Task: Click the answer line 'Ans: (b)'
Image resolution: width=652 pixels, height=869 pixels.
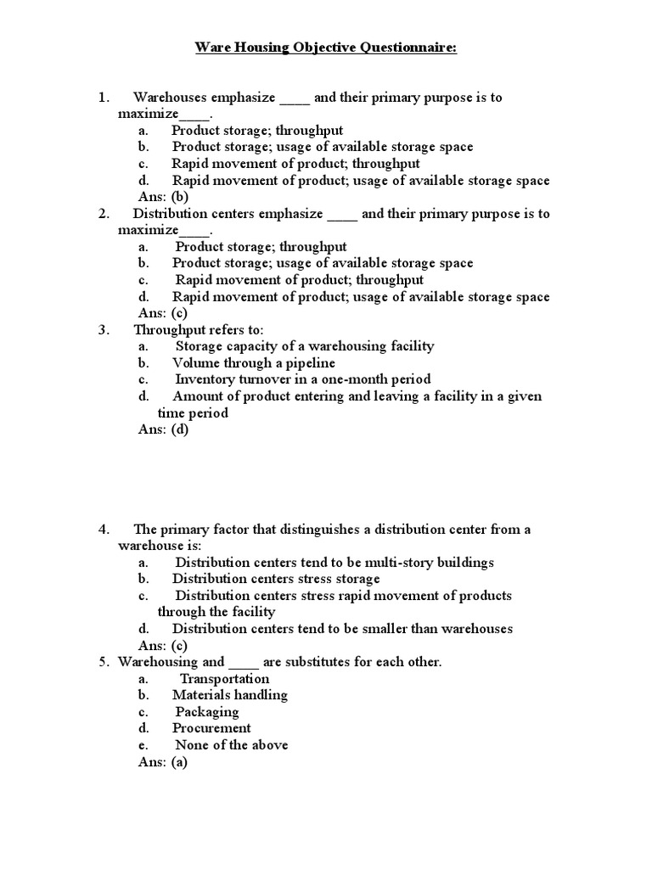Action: [x=163, y=197]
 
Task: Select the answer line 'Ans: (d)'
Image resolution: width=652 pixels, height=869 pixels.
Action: [x=163, y=429]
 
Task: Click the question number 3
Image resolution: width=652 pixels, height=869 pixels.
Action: [x=103, y=329]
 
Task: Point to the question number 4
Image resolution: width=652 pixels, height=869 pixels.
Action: [x=103, y=530]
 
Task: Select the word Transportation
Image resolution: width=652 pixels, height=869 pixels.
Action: [x=224, y=679]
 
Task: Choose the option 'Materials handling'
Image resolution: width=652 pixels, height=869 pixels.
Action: [x=229, y=695]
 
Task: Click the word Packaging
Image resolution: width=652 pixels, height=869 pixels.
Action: [x=207, y=712]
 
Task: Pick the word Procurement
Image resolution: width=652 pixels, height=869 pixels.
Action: [x=211, y=728]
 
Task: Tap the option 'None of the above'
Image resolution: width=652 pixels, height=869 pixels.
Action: [x=231, y=745]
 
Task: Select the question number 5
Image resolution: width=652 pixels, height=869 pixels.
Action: [x=103, y=662]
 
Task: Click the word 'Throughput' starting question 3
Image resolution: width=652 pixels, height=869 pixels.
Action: [x=169, y=329]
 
